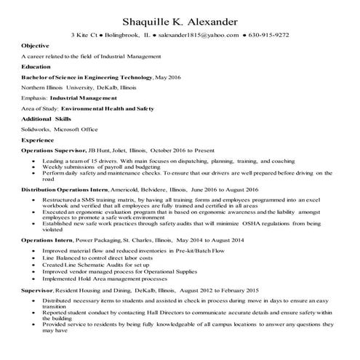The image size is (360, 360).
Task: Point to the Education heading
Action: tap(37, 65)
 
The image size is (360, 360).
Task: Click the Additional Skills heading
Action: tap(47, 117)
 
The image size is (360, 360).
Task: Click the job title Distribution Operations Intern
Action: tap(60, 187)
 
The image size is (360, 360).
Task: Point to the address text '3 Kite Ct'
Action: tap(85, 34)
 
